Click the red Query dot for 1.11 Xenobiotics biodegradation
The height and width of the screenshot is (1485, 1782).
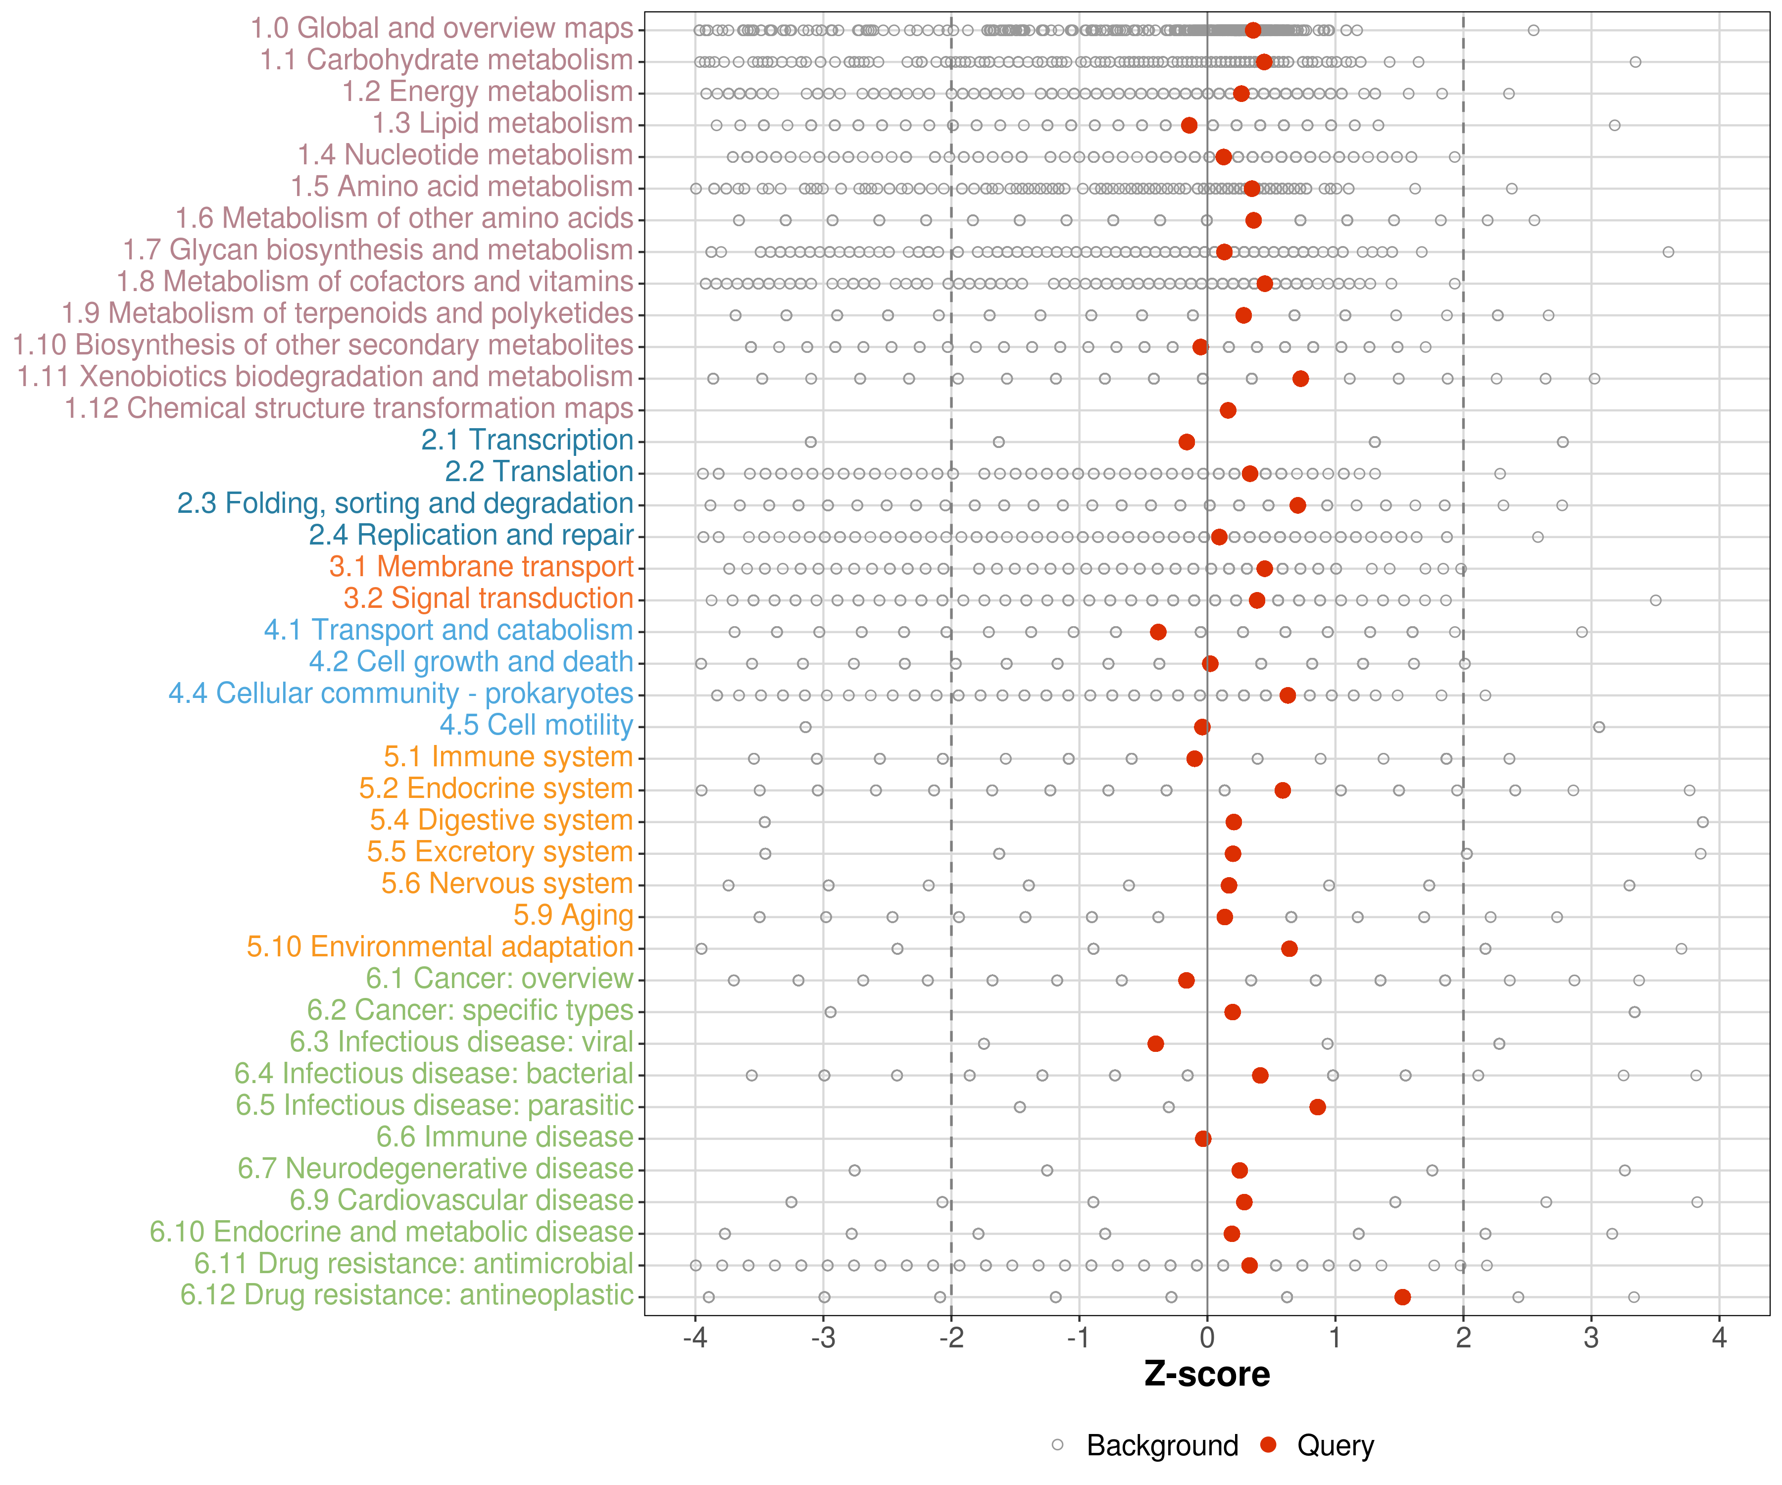[1300, 379]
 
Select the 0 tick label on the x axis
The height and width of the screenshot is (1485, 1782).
[1207, 1339]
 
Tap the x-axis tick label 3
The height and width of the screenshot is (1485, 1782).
[1591, 1339]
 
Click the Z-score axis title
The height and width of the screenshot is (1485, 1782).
[1207, 1375]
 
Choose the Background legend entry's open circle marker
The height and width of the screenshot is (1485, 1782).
[1057, 1445]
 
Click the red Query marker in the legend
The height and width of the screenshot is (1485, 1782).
[1269, 1445]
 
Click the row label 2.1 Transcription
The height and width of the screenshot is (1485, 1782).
[527, 441]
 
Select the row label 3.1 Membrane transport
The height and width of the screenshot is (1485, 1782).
[481, 567]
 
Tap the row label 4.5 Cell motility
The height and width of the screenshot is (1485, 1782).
[536, 726]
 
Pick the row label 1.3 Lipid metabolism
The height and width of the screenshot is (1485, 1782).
[502, 124]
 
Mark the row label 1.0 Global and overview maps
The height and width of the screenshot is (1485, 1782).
[441, 29]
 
